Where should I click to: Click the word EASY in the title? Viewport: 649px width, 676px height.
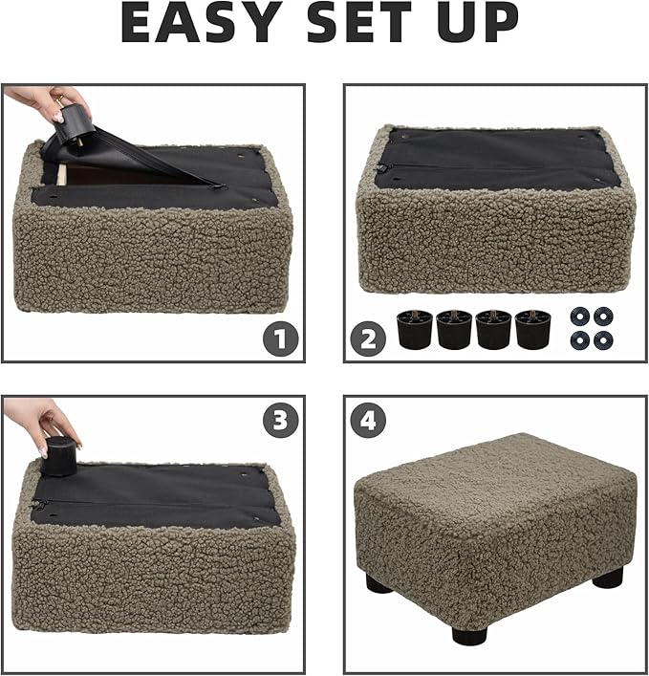[202, 23]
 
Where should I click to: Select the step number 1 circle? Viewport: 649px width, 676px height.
[281, 338]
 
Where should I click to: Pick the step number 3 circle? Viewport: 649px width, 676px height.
[281, 421]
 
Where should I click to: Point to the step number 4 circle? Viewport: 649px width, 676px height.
[368, 421]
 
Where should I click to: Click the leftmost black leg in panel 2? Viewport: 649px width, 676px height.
[415, 328]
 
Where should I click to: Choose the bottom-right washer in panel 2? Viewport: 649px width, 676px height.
[603, 338]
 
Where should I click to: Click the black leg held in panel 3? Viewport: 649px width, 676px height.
[59, 456]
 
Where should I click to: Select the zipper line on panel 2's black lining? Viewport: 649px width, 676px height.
[487, 164]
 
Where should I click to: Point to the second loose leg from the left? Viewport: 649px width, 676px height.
[454, 328]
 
